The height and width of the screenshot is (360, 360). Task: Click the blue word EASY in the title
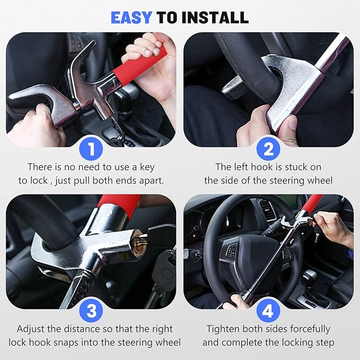[x=131, y=17]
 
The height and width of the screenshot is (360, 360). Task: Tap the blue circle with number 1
[x=91, y=149]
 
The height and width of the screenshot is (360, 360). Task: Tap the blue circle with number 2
[x=268, y=149]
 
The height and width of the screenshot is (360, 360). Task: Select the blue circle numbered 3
[x=91, y=311]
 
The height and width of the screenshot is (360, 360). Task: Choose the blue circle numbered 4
[x=268, y=311]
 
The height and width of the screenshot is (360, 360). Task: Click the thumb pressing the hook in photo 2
[x=289, y=124]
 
